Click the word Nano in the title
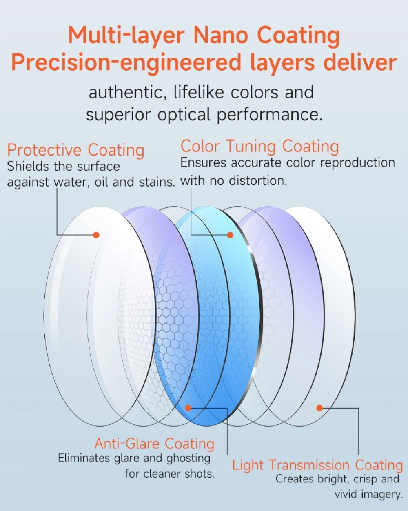pos(221,36)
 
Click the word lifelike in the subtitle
pos(199,92)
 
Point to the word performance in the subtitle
pos(267,115)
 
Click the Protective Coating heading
pos(76,150)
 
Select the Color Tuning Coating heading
pos(259,146)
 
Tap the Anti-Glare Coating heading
pos(155,444)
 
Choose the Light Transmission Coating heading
pos(317,465)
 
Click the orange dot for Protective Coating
pos(96,235)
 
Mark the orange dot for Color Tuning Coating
pos(230,235)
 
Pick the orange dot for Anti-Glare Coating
pos(188,408)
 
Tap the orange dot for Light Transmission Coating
pos(319,408)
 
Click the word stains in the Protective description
pos(156,182)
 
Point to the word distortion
pos(258,181)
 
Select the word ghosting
pos(188,458)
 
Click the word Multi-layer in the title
pos(126,36)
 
